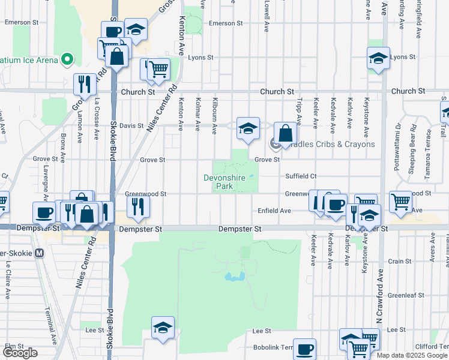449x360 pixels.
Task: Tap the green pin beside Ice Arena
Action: [67, 60]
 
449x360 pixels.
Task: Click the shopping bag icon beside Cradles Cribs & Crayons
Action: [286, 133]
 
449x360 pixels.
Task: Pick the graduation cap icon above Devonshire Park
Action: [248, 128]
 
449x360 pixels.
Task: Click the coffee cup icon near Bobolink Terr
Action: [305, 349]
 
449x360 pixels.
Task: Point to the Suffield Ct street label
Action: [301, 176]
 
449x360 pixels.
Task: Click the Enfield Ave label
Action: [274, 211]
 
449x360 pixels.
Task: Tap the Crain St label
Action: [399, 261]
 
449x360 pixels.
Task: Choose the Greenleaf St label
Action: [406, 295]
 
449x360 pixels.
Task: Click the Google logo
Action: [20, 353]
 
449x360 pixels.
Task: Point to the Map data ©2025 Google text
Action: [411, 355]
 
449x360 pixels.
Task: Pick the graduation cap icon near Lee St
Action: [163, 328]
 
